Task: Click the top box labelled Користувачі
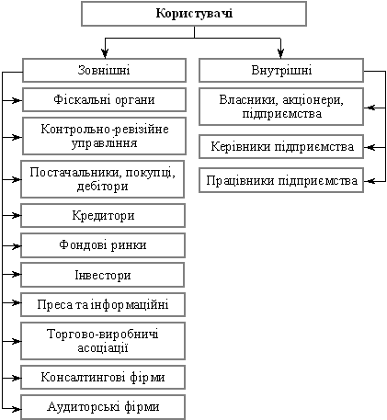pyautogui.click(x=194, y=14)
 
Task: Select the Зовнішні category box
pyautogui.click(x=104, y=71)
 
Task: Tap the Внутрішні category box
pyautogui.click(x=281, y=71)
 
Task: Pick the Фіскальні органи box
pyautogui.click(x=104, y=100)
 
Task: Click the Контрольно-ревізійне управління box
pyautogui.click(x=104, y=136)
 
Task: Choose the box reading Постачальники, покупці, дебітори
pyautogui.click(x=103, y=179)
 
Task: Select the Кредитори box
pyautogui.click(x=103, y=216)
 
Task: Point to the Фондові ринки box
pyautogui.click(x=103, y=245)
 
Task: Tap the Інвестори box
pyautogui.click(x=103, y=275)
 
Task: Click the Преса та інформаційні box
pyautogui.click(x=103, y=304)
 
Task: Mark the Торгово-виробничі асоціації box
pyautogui.click(x=103, y=341)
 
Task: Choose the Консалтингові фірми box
pyautogui.click(x=103, y=377)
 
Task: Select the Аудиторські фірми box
pyautogui.click(x=103, y=407)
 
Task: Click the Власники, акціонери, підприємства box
pyautogui.click(x=281, y=107)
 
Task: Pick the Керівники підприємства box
pyautogui.click(x=281, y=147)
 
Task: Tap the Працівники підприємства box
pyautogui.click(x=281, y=180)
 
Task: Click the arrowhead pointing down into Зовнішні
pyautogui.click(x=105, y=53)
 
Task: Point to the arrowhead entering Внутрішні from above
pyautogui.click(x=280, y=53)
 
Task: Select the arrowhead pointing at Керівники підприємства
pyautogui.click(x=370, y=148)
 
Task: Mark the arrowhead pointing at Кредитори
pyautogui.click(x=16, y=216)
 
